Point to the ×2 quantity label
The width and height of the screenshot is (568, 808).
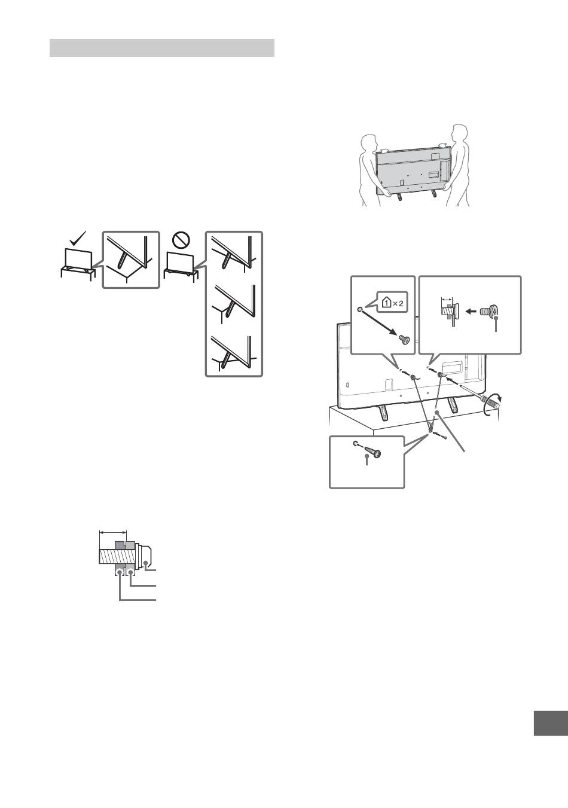coord(399,304)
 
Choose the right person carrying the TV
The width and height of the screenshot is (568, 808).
coord(456,165)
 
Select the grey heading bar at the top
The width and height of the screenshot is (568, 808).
coord(162,48)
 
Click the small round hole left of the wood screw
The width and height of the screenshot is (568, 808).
coord(356,443)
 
